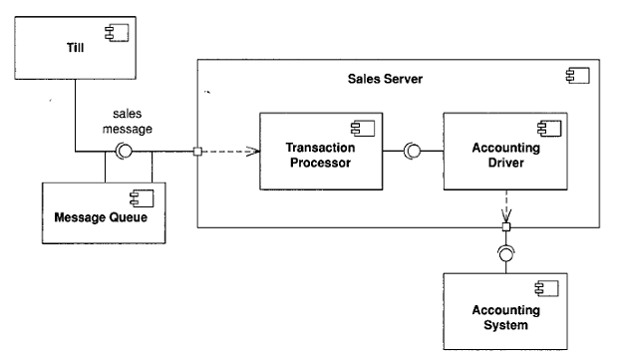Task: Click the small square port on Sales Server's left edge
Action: (199, 153)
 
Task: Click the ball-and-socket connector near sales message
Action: (124, 152)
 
